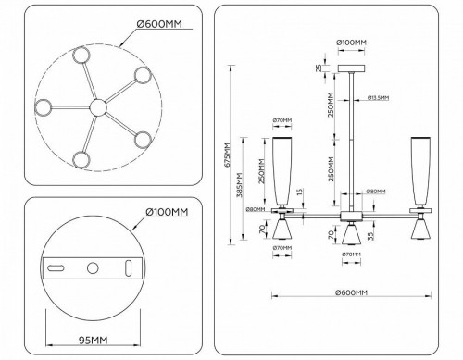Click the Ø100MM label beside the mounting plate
[x=167, y=212]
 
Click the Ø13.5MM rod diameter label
[x=376, y=97]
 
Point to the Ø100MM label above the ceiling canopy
[x=350, y=43]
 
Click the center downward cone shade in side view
[x=350, y=237]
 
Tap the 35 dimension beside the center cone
[x=370, y=238]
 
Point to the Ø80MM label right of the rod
[x=376, y=192]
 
